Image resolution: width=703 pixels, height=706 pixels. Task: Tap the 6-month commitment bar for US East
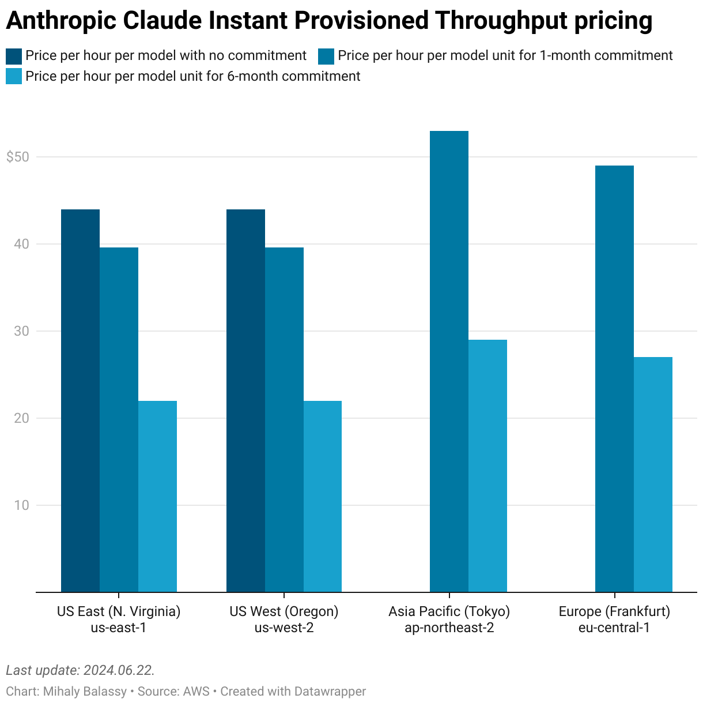[157, 496]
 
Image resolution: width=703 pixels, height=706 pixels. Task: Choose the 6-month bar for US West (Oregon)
[323, 496]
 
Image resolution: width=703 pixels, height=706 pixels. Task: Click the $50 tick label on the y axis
[17, 157]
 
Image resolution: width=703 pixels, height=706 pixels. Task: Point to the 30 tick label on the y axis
[21, 331]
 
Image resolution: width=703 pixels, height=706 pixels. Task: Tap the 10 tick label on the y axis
[21, 505]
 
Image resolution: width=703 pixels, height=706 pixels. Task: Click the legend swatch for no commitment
[14, 56]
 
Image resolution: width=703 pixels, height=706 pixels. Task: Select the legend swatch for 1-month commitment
[326, 56]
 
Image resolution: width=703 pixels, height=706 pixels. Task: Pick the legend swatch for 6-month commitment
[14, 77]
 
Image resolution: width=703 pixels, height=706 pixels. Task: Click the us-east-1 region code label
[119, 628]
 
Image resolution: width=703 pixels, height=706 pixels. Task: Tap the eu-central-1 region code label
[614, 628]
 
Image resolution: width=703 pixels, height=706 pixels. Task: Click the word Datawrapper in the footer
[330, 691]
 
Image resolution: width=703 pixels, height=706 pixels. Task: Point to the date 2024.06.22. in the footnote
[119, 670]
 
